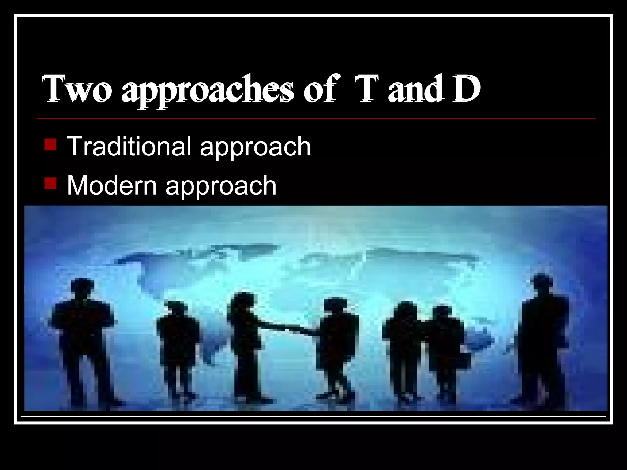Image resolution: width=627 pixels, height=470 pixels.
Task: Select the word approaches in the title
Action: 207,91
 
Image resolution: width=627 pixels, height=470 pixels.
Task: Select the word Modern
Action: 111,185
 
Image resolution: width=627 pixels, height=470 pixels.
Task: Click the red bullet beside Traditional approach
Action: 50,145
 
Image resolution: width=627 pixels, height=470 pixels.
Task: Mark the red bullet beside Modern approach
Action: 50,184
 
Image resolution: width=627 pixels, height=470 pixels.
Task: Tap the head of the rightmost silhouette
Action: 542,283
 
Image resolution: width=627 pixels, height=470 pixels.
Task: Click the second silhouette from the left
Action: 178,343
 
